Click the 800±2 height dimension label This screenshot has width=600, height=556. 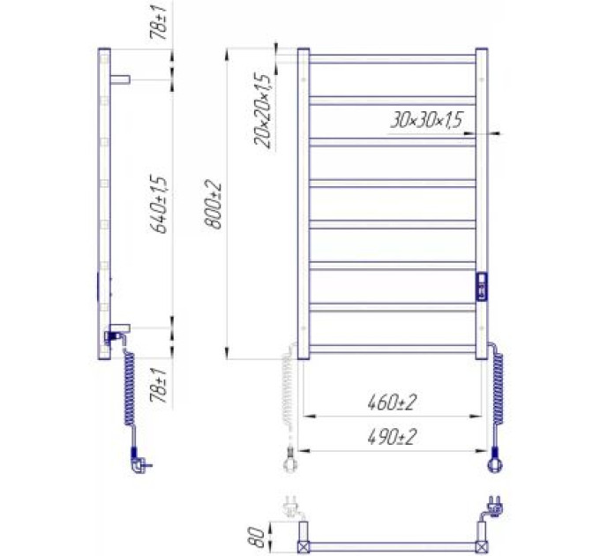pyautogui.click(x=214, y=204)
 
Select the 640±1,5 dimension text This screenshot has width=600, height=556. pyautogui.click(x=159, y=204)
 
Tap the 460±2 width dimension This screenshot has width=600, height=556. pyautogui.click(x=392, y=402)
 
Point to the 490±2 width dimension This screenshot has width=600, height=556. pyautogui.click(x=392, y=437)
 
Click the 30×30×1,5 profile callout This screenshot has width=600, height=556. pyautogui.click(x=426, y=120)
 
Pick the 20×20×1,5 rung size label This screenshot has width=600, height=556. pyautogui.click(x=263, y=111)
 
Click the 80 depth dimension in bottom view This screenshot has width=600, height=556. pyautogui.click(x=257, y=537)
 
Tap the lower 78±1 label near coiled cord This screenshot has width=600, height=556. pyautogui.click(x=159, y=386)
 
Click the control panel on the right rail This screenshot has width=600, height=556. pyautogui.click(x=482, y=287)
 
